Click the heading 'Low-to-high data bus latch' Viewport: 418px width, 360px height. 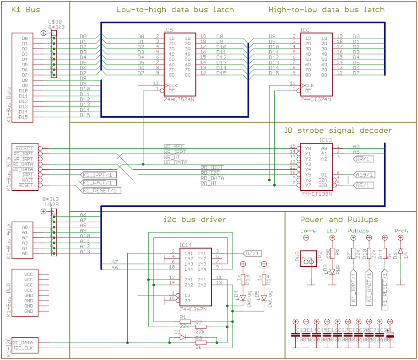(175, 10)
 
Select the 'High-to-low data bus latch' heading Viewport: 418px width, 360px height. (326, 10)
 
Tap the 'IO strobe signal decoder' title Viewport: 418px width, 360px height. (338, 130)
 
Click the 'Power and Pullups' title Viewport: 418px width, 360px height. (336, 220)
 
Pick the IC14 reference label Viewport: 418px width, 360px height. (186, 245)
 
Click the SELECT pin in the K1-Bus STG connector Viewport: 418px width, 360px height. (25, 148)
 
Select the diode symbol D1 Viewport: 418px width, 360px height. (182, 337)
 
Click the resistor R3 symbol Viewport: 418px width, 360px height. (200, 342)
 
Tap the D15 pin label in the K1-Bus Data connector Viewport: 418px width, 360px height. (24, 117)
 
